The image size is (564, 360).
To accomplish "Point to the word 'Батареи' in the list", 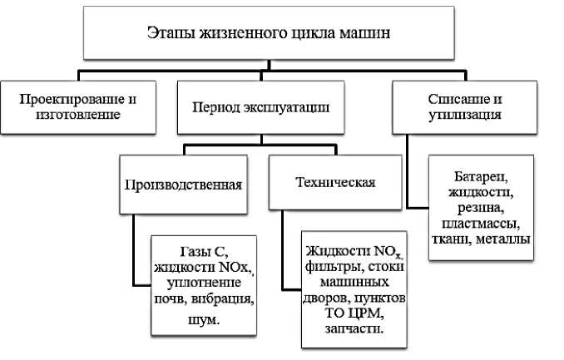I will pos(480,177).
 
